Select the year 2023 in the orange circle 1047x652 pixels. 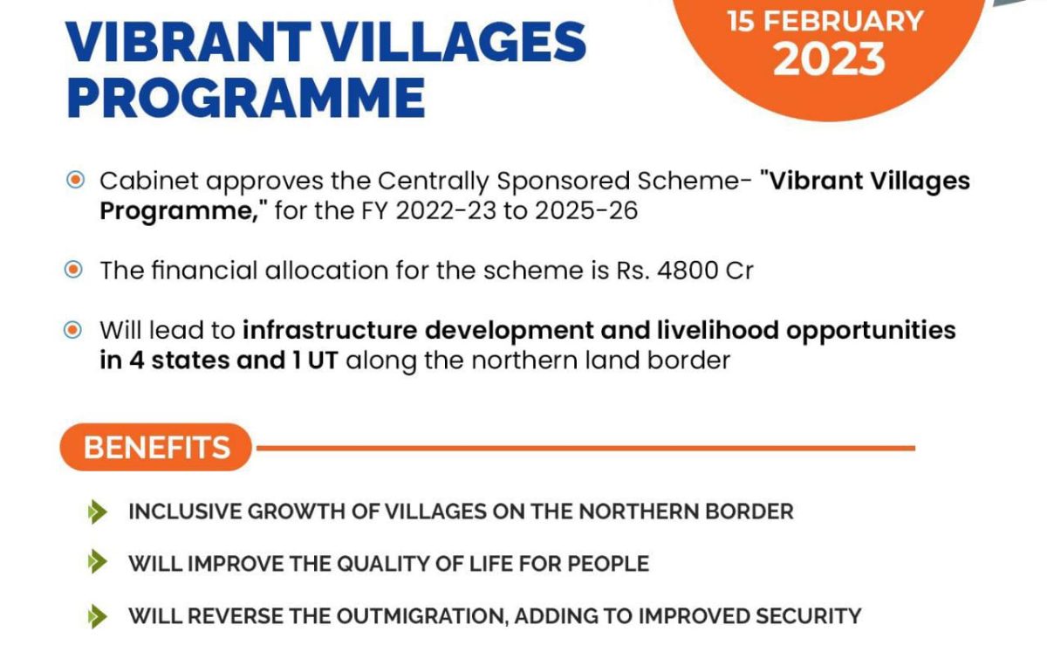click(x=829, y=59)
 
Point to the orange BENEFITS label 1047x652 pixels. click(x=157, y=448)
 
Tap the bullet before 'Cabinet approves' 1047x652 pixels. click(x=76, y=180)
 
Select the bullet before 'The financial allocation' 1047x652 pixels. click(x=76, y=270)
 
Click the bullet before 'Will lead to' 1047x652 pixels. click(x=76, y=330)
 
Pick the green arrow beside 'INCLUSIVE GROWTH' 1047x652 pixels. click(x=98, y=511)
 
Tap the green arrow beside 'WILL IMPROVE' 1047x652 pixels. click(x=98, y=563)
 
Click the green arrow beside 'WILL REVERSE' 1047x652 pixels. click(x=98, y=616)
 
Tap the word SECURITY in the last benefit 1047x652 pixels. click(x=804, y=616)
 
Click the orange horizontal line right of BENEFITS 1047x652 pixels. click(x=585, y=448)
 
